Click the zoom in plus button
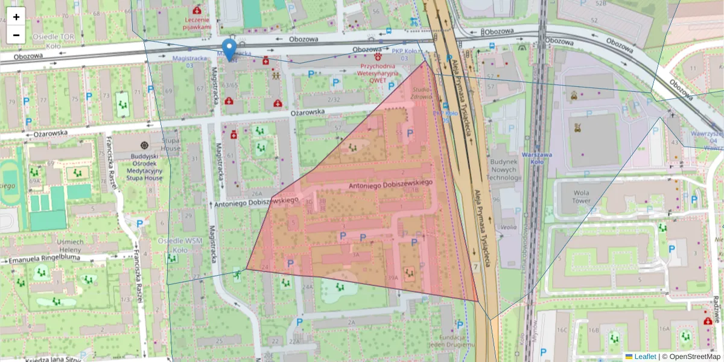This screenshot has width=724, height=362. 16,16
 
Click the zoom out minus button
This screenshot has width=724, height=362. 16,34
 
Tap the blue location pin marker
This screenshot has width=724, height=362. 229,49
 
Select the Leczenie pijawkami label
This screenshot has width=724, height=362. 198,23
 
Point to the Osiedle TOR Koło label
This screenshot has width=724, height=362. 53,40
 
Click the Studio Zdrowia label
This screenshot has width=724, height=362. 421,93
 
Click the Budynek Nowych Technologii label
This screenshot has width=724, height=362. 504,170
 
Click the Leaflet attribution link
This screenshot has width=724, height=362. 644,357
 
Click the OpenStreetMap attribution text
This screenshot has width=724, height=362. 691,357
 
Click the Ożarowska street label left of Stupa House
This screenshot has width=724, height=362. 49,133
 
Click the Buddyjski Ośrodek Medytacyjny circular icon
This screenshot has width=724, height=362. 144,145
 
